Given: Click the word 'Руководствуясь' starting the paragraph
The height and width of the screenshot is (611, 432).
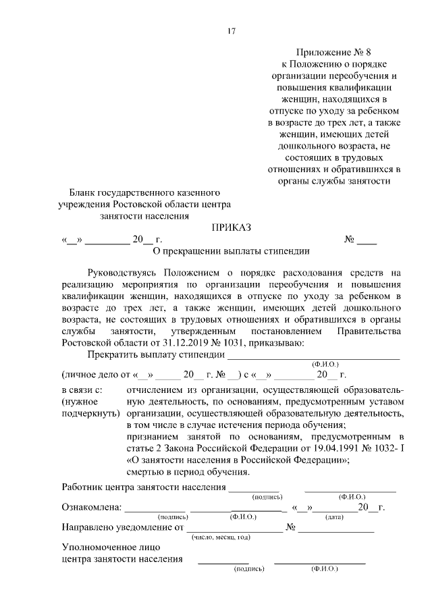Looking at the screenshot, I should [125, 273].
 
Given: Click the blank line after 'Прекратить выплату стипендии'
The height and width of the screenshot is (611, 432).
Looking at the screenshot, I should [313, 355].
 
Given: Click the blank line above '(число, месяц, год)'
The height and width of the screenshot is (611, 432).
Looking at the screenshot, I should [234, 529].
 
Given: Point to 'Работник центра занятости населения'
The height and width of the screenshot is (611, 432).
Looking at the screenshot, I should [143, 487].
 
